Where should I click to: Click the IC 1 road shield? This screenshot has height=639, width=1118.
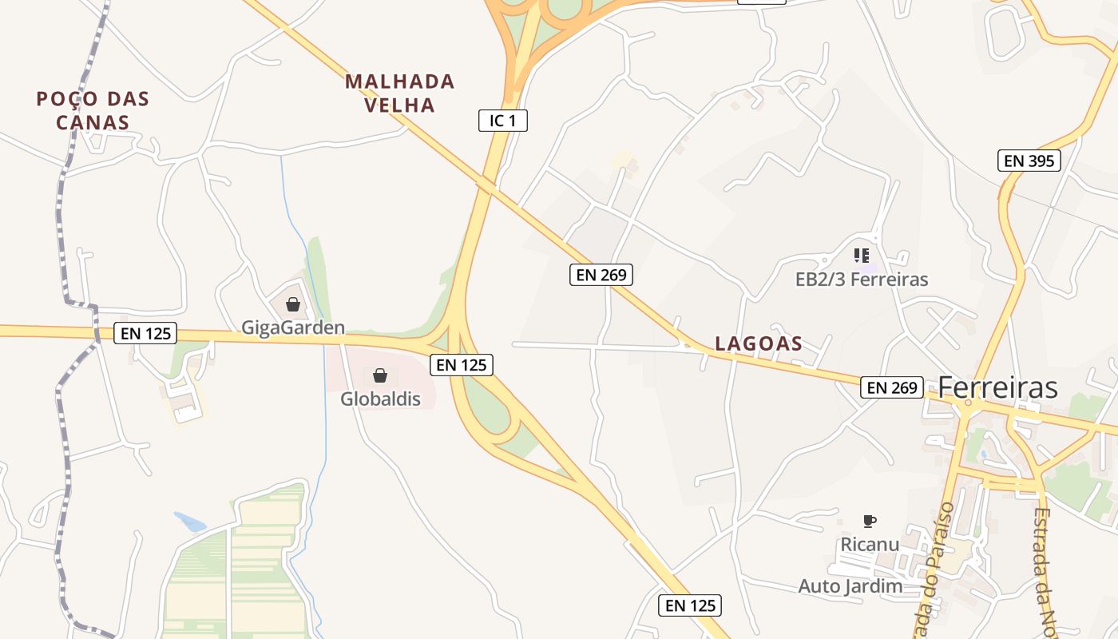point(503,121)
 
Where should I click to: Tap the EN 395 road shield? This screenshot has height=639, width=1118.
point(1029,161)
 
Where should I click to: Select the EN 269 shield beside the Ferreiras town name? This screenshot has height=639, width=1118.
point(892,387)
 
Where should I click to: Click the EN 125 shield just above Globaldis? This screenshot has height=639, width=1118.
point(462,365)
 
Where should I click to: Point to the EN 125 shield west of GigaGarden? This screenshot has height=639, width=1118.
point(145,333)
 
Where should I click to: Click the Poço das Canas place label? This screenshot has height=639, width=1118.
point(93,110)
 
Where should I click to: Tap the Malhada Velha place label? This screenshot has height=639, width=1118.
point(400,93)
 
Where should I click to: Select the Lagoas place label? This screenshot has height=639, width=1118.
point(759,343)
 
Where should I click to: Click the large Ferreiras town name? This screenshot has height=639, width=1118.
point(997,387)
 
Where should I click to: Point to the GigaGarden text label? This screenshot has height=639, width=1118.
point(293,327)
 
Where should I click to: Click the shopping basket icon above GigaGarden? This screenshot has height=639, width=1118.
point(293,304)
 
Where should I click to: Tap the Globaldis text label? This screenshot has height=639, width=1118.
point(380,399)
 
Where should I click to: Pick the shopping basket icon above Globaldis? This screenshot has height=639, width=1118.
point(380,375)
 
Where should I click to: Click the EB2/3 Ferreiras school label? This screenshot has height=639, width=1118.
point(862,279)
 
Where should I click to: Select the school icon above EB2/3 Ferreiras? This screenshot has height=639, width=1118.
point(861,256)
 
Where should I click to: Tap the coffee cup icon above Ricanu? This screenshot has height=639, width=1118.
point(870,522)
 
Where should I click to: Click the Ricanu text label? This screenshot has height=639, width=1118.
point(870,544)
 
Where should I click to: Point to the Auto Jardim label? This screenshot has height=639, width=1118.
point(850,586)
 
